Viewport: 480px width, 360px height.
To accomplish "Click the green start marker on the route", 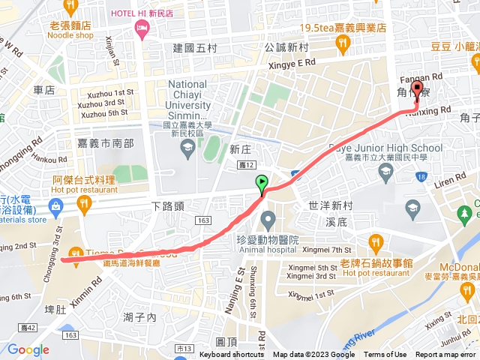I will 261,182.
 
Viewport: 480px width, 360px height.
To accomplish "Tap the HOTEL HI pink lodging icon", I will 140,28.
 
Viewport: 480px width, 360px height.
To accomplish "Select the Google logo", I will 28,349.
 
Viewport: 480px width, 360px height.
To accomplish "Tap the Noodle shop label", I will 70,34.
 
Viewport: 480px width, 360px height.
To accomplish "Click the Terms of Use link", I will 385,355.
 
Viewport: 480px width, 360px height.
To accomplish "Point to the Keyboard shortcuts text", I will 232,355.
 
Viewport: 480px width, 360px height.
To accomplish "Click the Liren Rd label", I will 451,182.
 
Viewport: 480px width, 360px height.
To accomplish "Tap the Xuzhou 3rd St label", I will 102,103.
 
